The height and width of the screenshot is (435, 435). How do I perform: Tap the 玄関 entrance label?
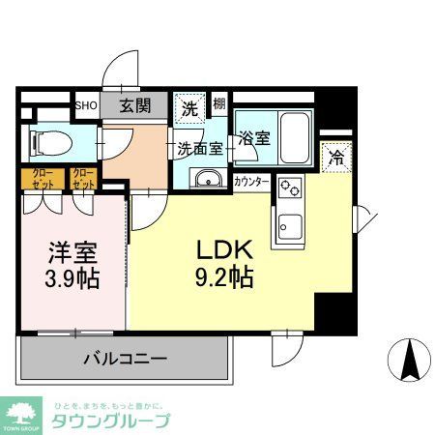[x=134, y=105]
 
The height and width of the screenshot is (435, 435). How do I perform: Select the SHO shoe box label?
[x=86, y=105]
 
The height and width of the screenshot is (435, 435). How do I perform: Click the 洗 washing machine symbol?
[x=189, y=108]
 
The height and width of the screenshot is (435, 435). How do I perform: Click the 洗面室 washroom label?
[x=201, y=149]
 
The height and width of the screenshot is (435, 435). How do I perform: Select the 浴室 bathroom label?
[x=255, y=138]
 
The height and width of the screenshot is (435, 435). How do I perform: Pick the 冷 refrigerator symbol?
[x=337, y=156]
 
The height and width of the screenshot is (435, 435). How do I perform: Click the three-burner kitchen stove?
[x=291, y=188]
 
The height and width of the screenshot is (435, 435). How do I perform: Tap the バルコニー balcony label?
[x=125, y=358]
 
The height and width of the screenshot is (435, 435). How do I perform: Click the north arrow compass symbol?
[x=408, y=360]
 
